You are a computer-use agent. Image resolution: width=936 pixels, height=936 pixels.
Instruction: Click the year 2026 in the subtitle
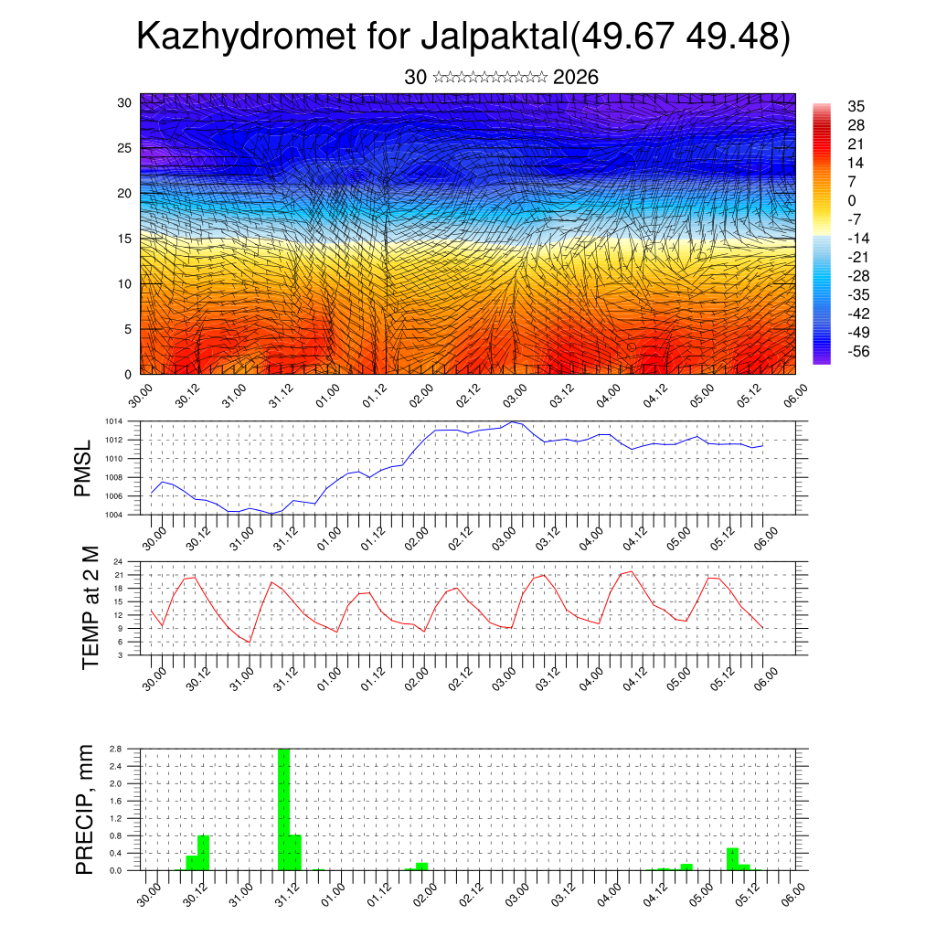tap(576, 78)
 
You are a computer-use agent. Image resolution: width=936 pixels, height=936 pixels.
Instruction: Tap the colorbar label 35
tap(856, 107)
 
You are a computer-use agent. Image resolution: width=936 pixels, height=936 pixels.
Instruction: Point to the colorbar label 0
tap(852, 201)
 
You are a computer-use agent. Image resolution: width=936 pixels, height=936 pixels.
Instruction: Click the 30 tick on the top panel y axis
tap(124, 102)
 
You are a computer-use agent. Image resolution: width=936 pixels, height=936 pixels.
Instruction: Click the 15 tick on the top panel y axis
tap(124, 239)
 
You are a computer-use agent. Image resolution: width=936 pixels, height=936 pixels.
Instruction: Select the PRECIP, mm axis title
tap(85, 809)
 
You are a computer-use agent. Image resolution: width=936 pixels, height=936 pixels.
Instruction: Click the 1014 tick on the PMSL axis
tap(112, 421)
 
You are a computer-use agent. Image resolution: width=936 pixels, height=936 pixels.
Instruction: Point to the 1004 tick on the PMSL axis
tap(112, 515)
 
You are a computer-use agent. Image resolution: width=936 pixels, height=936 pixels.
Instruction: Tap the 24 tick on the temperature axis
tap(118, 561)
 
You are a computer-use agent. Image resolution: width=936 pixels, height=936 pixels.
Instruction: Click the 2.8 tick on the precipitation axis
tap(116, 749)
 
